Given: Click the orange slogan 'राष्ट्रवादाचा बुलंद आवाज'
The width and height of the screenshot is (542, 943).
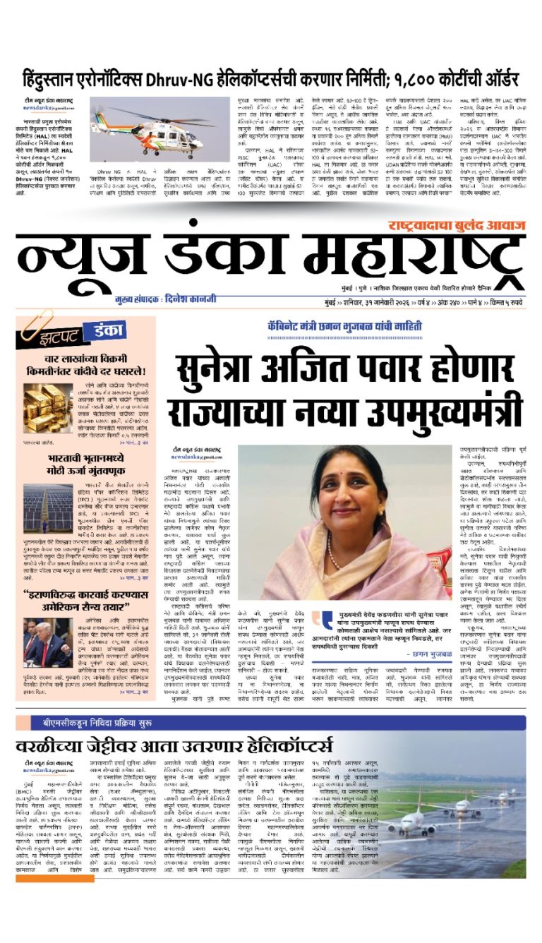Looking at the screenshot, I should (456, 225).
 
